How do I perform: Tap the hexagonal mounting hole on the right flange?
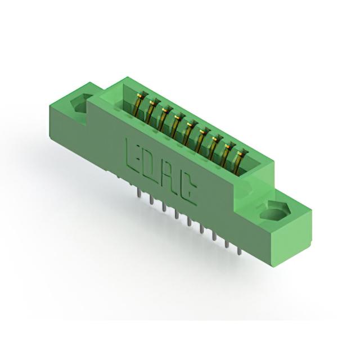(276, 211)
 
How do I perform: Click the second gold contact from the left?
(151, 110)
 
